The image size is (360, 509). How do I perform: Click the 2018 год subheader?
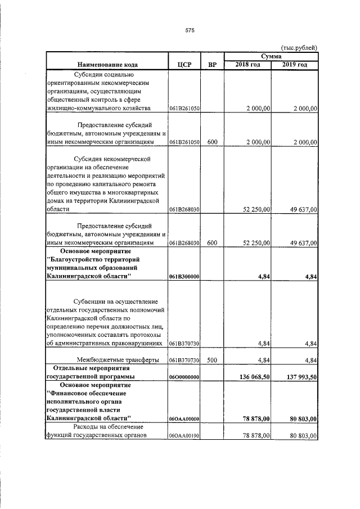click(247, 65)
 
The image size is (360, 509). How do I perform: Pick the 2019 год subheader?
click(295, 65)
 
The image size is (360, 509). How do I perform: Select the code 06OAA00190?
click(184, 436)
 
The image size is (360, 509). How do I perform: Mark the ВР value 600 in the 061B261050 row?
click(212, 143)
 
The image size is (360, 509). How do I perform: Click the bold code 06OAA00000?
click(184, 419)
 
